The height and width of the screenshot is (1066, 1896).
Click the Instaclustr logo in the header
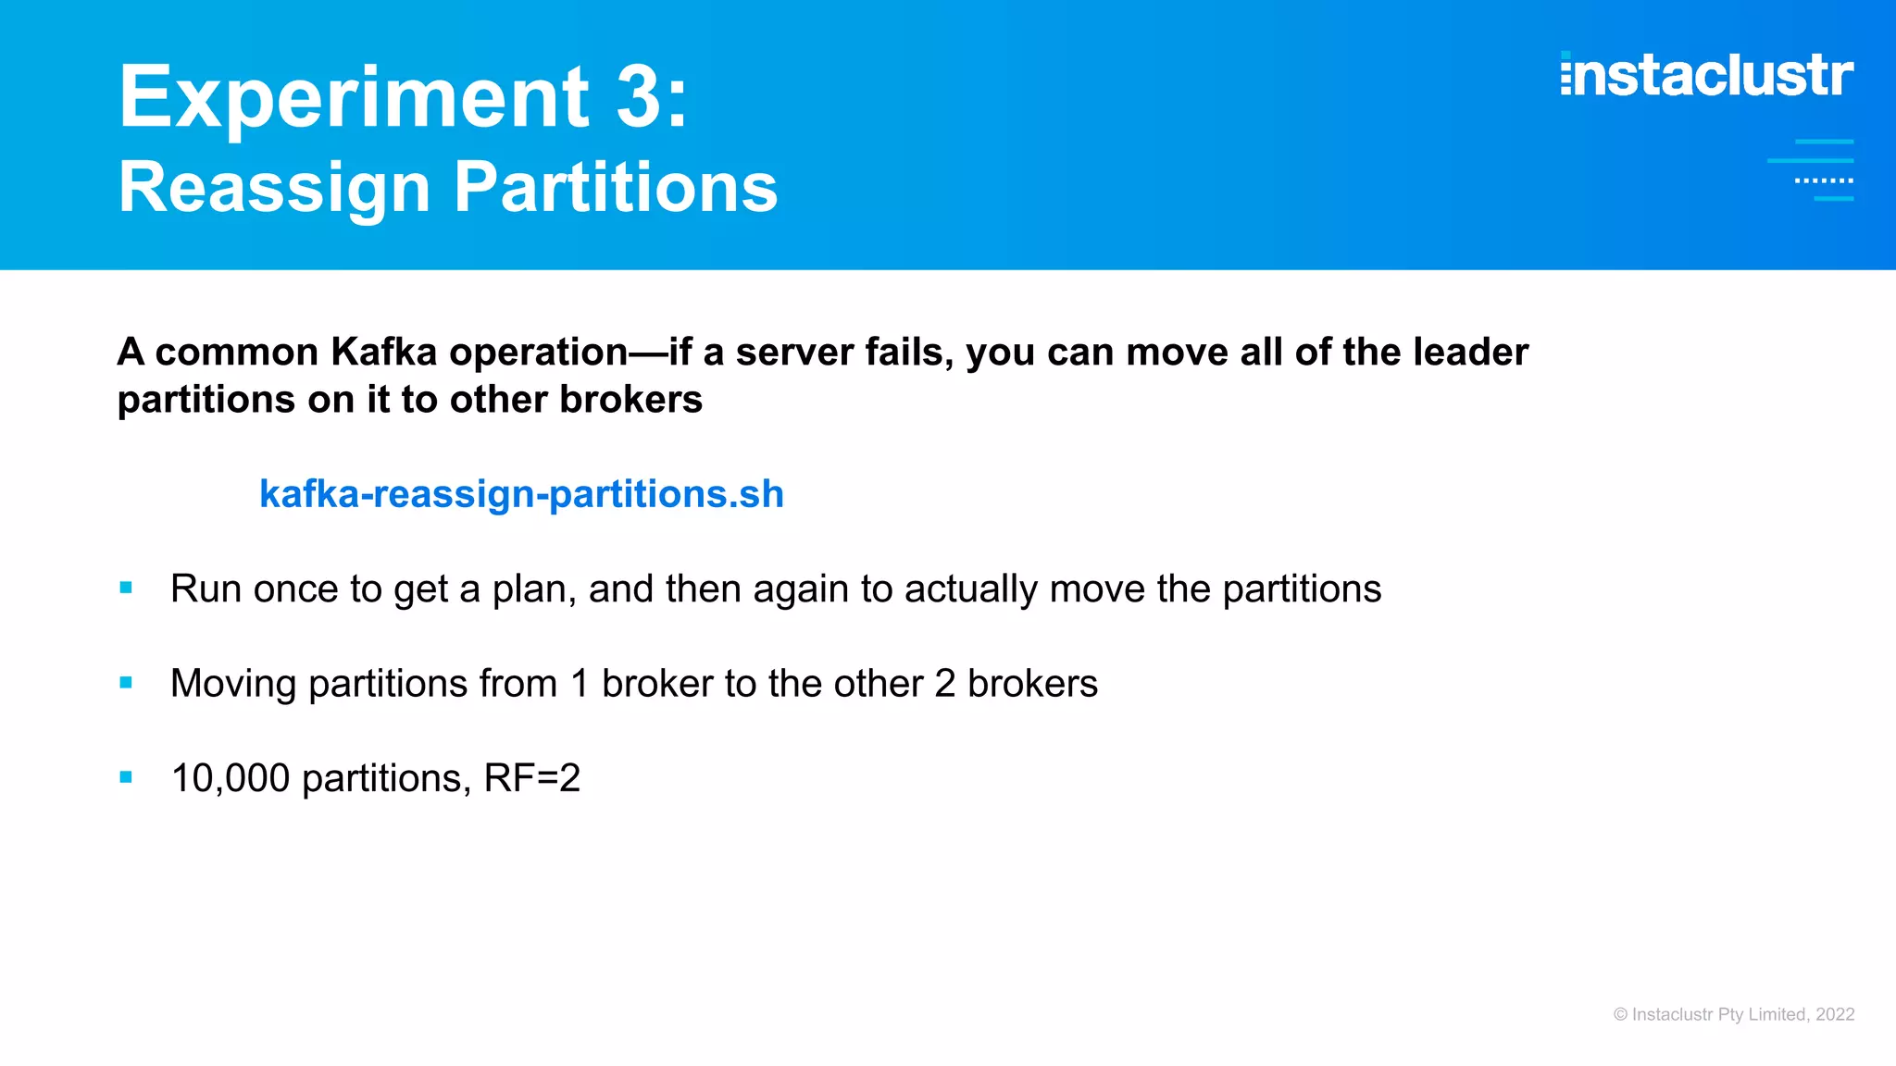tap(1706, 75)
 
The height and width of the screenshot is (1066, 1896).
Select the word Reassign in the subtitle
tap(275, 189)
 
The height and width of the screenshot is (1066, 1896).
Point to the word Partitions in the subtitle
tap(616, 188)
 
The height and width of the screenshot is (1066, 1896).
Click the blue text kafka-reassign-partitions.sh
tap(521, 494)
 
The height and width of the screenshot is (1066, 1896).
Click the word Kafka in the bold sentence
tap(383, 353)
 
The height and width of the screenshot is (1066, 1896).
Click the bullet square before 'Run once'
tap(126, 588)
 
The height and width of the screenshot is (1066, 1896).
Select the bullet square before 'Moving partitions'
tap(126, 683)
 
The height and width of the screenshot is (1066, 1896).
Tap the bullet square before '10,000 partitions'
tap(126, 777)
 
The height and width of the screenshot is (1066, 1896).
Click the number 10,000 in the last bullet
tap(231, 778)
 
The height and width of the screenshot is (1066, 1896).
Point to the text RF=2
tap(532, 778)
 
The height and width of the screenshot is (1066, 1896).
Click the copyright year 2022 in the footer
tap(1835, 1014)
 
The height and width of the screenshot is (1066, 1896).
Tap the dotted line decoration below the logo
tap(1824, 180)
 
